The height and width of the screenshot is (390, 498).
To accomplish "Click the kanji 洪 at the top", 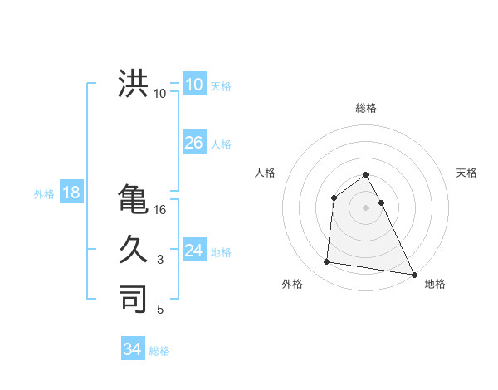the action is (133, 84).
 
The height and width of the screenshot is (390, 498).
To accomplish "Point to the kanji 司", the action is (133, 298).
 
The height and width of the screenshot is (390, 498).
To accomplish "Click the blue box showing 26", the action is (193, 143).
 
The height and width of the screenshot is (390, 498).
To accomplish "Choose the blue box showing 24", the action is (193, 251).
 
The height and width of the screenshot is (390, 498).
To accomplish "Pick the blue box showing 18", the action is (71, 193).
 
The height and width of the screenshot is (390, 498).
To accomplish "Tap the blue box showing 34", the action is (132, 349).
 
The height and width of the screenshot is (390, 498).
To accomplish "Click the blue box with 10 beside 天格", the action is (193, 85).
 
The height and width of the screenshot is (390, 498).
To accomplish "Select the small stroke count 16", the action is (160, 210).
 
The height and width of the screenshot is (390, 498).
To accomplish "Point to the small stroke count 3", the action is (160, 260).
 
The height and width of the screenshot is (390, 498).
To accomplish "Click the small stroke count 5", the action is (160, 310).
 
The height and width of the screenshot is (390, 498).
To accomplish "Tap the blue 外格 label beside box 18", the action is (44, 194).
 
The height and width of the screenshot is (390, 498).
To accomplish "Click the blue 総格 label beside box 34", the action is (159, 350).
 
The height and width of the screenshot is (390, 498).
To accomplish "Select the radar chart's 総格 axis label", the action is (366, 108).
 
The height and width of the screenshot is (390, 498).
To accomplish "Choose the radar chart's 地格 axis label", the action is (435, 284).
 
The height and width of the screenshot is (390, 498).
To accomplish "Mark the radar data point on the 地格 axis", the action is (414, 275).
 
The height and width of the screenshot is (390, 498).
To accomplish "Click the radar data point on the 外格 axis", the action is (327, 262).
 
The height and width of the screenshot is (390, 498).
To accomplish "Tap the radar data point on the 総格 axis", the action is (366, 174).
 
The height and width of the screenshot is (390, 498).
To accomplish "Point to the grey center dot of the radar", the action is (366, 207).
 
